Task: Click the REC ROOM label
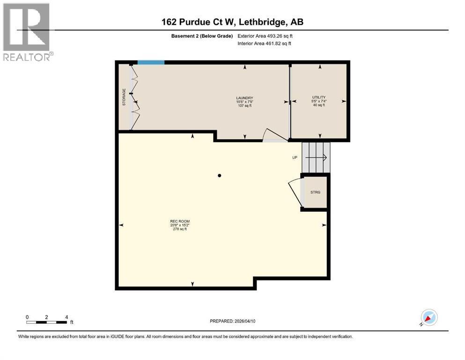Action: pyautogui.click(x=180, y=221)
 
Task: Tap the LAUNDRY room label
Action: pyautogui.click(x=244, y=98)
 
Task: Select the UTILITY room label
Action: pyautogui.click(x=319, y=97)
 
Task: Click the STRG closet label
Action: pyautogui.click(x=315, y=192)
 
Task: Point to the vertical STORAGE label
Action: pyautogui.click(x=124, y=97)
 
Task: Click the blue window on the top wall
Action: pyautogui.click(x=151, y=62)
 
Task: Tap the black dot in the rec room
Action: pyautogui.click(x=219, y=176)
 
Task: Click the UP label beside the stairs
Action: pyautogui.click(x=295, y=157)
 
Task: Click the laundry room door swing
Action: pyautogui.click(x=273, y=135)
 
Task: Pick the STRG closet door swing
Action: pyautogui.click(x=294, y=192)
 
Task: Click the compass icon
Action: pyautogui.click(x=428, y=318)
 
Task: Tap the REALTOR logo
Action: pyautogui.click(x=27, y=32)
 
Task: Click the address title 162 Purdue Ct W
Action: pyautogui.click(x=232, y=22)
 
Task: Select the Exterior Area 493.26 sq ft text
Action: pyautogui.click(x=266, y=36)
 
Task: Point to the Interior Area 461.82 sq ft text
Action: pyautogui.click(x=265, y=44)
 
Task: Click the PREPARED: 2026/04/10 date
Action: pyautogui.click(x=233, y=321)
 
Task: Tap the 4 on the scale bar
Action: pyautogui.click(x=67, y=317)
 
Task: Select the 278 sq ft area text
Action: pyautogui.click(x=180, y=229)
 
